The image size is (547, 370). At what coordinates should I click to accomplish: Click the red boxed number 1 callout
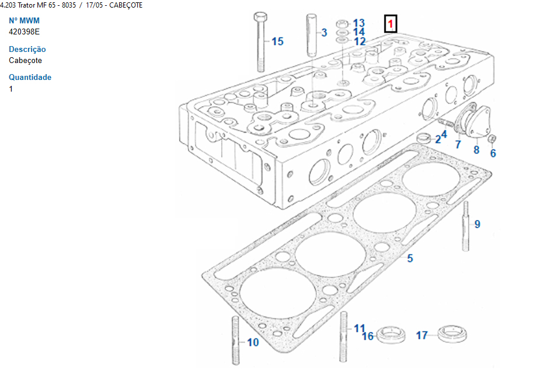coord(391,25)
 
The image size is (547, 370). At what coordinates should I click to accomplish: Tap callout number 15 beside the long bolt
coord(277,41)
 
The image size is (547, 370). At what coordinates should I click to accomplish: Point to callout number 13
coord(358,23)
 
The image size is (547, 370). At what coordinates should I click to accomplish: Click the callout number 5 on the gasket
coord(410,258)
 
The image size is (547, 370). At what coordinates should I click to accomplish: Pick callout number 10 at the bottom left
coord(253,343)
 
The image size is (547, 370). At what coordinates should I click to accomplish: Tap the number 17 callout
coord(421,336)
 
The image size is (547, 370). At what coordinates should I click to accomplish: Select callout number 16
coord(368,336)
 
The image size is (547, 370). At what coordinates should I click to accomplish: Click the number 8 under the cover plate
coord(476,149)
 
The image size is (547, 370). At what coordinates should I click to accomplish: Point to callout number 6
coord(493,153)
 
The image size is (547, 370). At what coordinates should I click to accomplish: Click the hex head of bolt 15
coord(260,16)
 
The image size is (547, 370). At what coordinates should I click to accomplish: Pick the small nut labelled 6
coord(492,139)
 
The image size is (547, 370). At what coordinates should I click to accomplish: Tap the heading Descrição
coord(27,50)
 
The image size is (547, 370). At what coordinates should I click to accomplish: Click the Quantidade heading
coord(30,78)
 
